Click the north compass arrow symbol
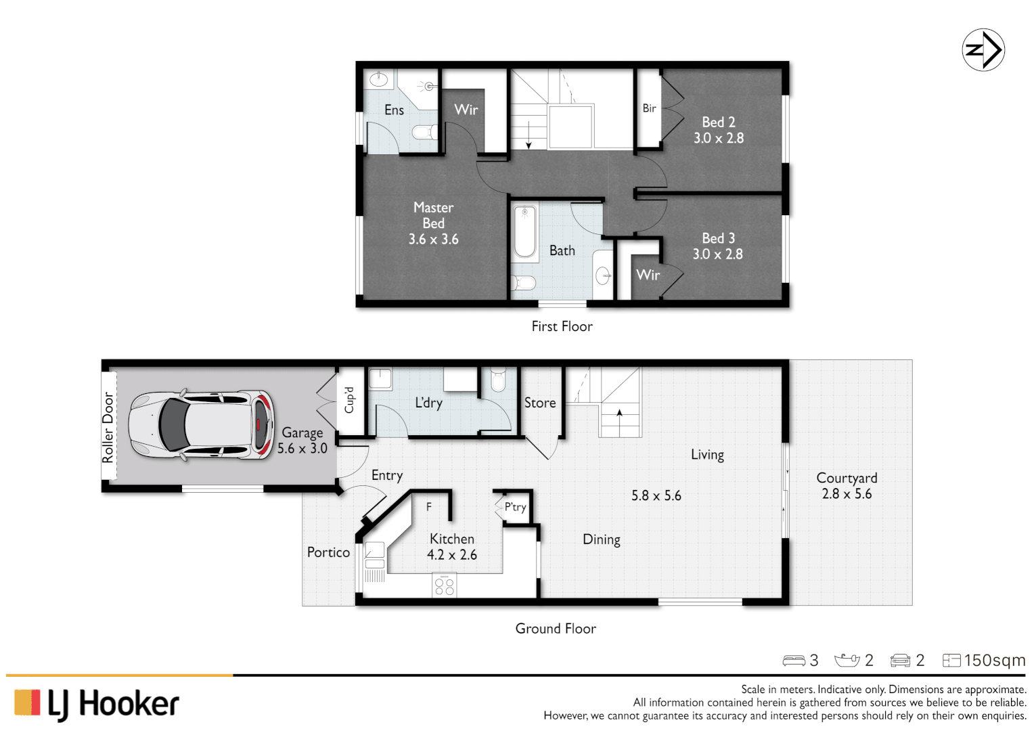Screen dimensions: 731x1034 (983, 50)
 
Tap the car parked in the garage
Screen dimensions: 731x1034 (201, 426)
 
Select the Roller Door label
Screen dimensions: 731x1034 (108, 427)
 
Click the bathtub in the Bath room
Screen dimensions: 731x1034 (525, 232)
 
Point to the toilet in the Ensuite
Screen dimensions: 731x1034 (425, 131)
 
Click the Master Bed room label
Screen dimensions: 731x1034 (433, 215)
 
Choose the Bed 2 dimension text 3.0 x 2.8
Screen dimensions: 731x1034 (718, 138)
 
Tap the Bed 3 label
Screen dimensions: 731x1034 (718, 238)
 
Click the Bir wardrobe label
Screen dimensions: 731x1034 (649, 108)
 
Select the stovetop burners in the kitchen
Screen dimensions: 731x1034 (444, 586)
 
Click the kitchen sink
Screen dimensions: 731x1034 (374, 555)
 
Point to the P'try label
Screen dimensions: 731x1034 (515, 506)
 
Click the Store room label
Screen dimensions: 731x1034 (540, 403)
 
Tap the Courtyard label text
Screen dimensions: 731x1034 (847, 478)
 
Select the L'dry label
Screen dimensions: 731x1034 (428, 403)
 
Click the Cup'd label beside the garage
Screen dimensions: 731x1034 (349, 400)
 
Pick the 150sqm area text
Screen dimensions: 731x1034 (994, 660)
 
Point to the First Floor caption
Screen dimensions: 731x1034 (562, 326)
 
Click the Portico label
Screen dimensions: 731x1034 (328, 552)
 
